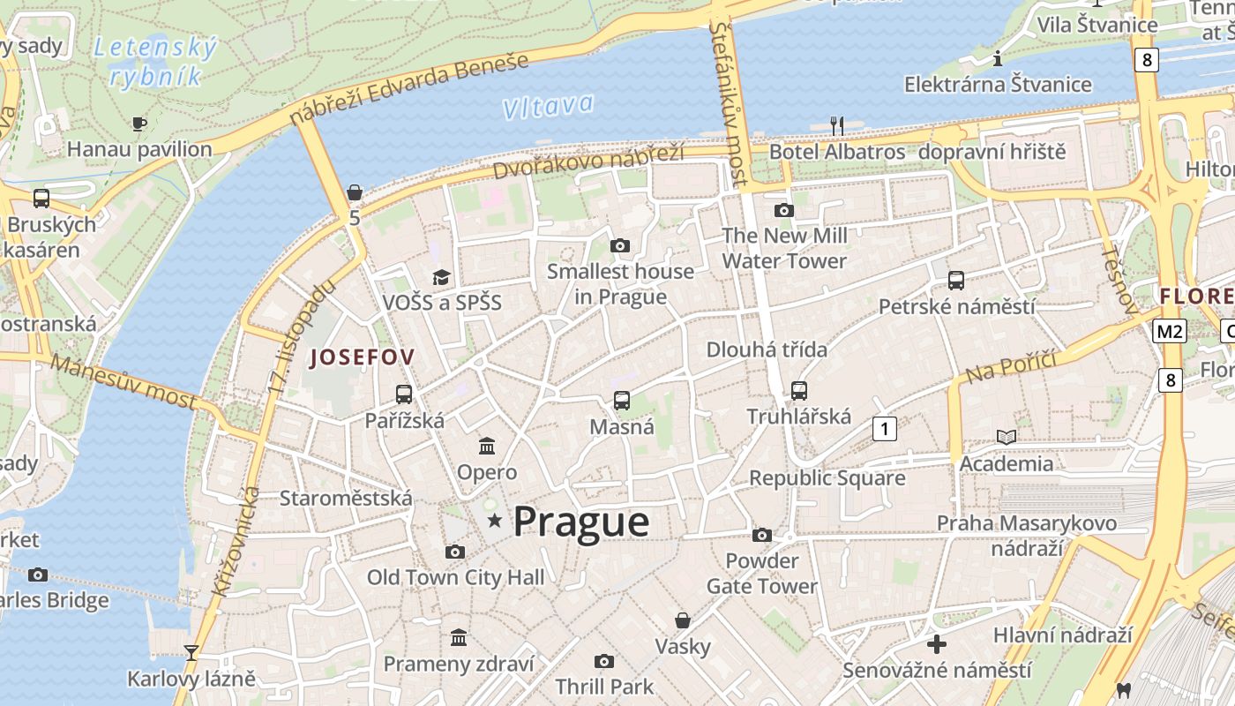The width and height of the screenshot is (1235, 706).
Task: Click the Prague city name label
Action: [581, 522]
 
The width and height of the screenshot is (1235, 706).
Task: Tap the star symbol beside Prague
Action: [495, 522]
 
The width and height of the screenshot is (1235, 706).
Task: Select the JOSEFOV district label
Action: [362, 357]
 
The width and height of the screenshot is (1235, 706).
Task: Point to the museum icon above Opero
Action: [487, 446]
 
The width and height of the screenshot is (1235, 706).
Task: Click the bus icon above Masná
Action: [622, 401]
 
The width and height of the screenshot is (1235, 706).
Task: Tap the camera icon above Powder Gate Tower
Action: [762, 535]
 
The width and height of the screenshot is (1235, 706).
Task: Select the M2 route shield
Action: [1169, 332]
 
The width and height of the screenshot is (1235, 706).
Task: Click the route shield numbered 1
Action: [884, 429]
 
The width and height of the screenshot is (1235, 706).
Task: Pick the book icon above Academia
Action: [1006, 437]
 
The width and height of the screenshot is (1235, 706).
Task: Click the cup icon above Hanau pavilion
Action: [138, 123]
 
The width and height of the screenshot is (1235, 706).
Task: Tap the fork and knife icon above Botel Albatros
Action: [837, 125]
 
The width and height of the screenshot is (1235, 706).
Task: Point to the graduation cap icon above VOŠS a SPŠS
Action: [441, 277]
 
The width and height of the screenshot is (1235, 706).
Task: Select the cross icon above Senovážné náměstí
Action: [937, 644]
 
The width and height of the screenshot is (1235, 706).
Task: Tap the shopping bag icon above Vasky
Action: [682, 620]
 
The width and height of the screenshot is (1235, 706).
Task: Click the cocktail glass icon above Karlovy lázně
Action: [191, 653]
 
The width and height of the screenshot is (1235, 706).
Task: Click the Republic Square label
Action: [827, 478]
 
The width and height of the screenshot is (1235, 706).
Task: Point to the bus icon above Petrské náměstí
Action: [956, 281]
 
